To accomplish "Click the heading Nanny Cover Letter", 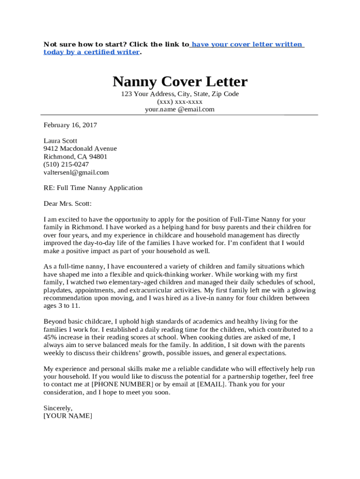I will pyautogui.click(x=180, y=82).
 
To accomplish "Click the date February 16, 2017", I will pyautogui.click(x=70, y=125).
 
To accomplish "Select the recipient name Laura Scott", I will pyautogui.click(x=60, y=141).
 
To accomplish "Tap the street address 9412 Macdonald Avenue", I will pyautogui.click(x=80, y=149).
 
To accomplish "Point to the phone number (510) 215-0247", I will pyautogui.click(x=66, y=164).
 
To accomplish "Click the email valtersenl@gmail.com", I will pyautogui.click(x=76, y=172).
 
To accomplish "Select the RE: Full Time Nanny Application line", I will pyautogui.click(x=93, y=188).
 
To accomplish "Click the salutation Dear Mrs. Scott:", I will pyautogui.click(x=68, y=203).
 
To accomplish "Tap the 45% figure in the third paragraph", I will pyautogui.click(x=50, y=337).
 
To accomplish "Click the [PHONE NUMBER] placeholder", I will pyautogui.click(x=122, y=385).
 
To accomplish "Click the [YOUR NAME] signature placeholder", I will pyautogui.click(x=68, y=416).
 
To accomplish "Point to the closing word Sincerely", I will pyautogui.click(x=58, y=408).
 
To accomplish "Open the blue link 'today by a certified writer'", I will pyautogui.click(x=92, y=52).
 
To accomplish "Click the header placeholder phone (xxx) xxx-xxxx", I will pyautogui.click(x=180, y=102).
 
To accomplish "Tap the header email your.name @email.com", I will pyautogui.click(x=180, y=109).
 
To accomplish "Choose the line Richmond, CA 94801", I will pyautogui.click(x=75, y=157).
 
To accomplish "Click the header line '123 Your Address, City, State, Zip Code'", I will pyautogui.click(x=180, y=94).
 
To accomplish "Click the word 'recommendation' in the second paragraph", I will pyautogui.click(x=69, y=298).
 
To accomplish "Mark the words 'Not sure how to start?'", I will pyautogui.click(x=84, y=44).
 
